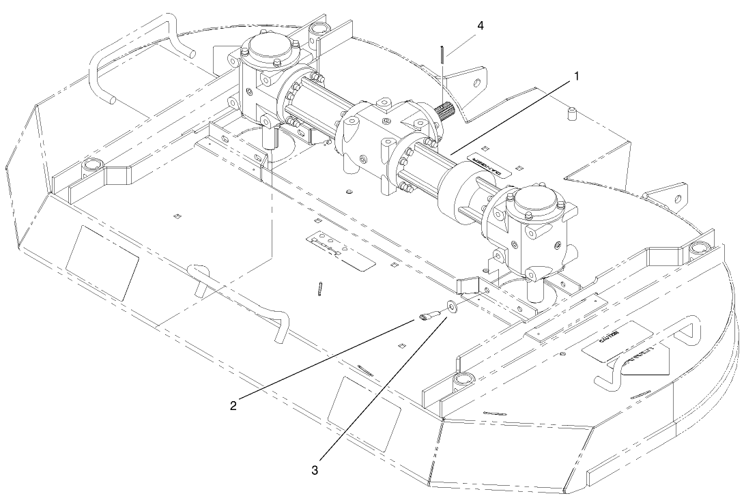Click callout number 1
(577, 76)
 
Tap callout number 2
(233, 406)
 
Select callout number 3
(315, 469)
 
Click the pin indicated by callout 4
(442, 55)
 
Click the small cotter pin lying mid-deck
(320, 289)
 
